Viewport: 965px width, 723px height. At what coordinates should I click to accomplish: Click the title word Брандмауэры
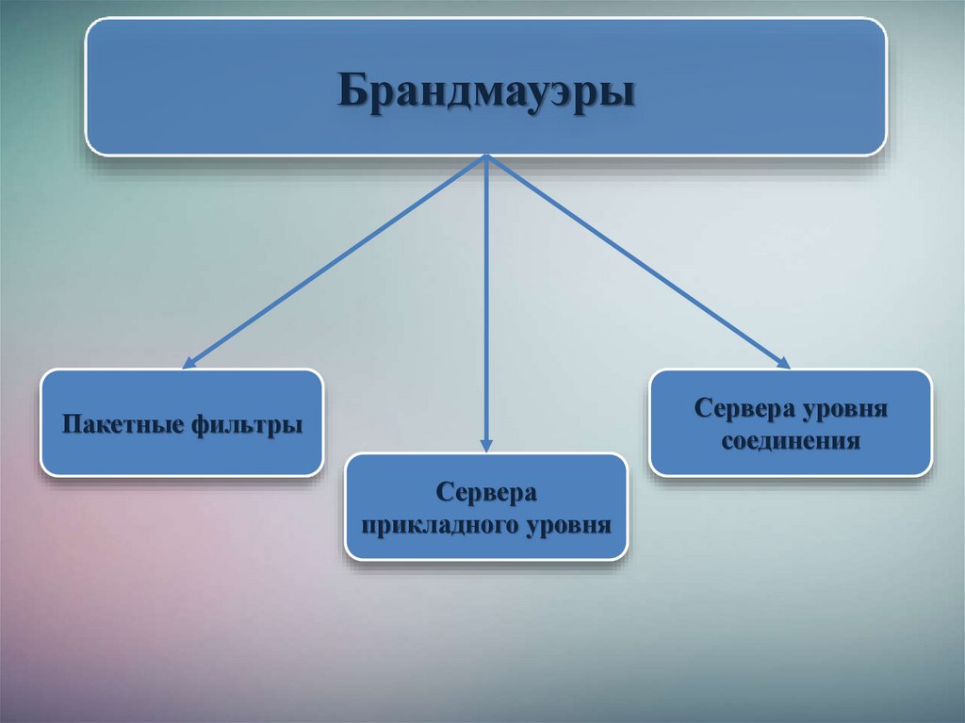(486, 92)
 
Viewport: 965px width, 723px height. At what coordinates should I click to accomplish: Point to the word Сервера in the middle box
(486, 493)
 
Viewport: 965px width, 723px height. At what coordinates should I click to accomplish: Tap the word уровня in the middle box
(568, 523)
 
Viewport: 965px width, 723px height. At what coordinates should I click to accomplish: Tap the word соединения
(792, 440)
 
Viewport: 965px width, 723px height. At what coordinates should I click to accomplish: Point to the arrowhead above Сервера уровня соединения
(783, 362)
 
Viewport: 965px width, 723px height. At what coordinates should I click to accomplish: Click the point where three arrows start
(486, 156)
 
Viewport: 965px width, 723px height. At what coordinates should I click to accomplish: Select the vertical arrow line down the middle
(486, 302)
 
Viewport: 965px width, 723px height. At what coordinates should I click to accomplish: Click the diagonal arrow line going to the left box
(336, 260)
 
